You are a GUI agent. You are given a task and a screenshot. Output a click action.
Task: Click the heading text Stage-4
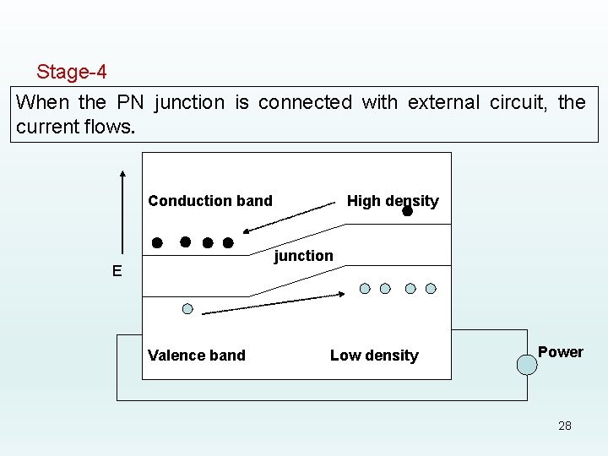coord(71,72)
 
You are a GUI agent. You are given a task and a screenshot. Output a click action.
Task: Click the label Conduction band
coord(210,201)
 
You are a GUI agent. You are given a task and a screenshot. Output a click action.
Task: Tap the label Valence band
coord(197,356)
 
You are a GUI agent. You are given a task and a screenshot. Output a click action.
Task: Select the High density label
coord(393,201)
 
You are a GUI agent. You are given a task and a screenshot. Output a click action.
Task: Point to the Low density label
coord(374,356)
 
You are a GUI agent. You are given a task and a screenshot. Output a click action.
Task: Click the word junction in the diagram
coord(304,256)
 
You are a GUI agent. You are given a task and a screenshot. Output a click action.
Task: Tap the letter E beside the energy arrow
coord(117,271)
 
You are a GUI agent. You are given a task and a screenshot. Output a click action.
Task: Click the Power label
coord(561,352)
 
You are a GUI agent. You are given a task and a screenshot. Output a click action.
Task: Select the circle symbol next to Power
coord(528,365)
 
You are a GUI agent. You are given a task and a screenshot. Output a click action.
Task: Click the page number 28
coord(565,426)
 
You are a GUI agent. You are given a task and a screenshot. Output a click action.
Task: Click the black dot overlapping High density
coord(407,211)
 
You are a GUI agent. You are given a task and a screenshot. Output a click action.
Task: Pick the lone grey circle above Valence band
coord(187,308)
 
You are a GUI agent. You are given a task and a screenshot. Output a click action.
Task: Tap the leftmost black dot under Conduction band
coord(157,242)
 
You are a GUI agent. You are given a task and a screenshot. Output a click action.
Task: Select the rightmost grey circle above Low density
coord(431,288)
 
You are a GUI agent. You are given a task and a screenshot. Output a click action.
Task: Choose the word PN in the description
coord(131,103)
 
